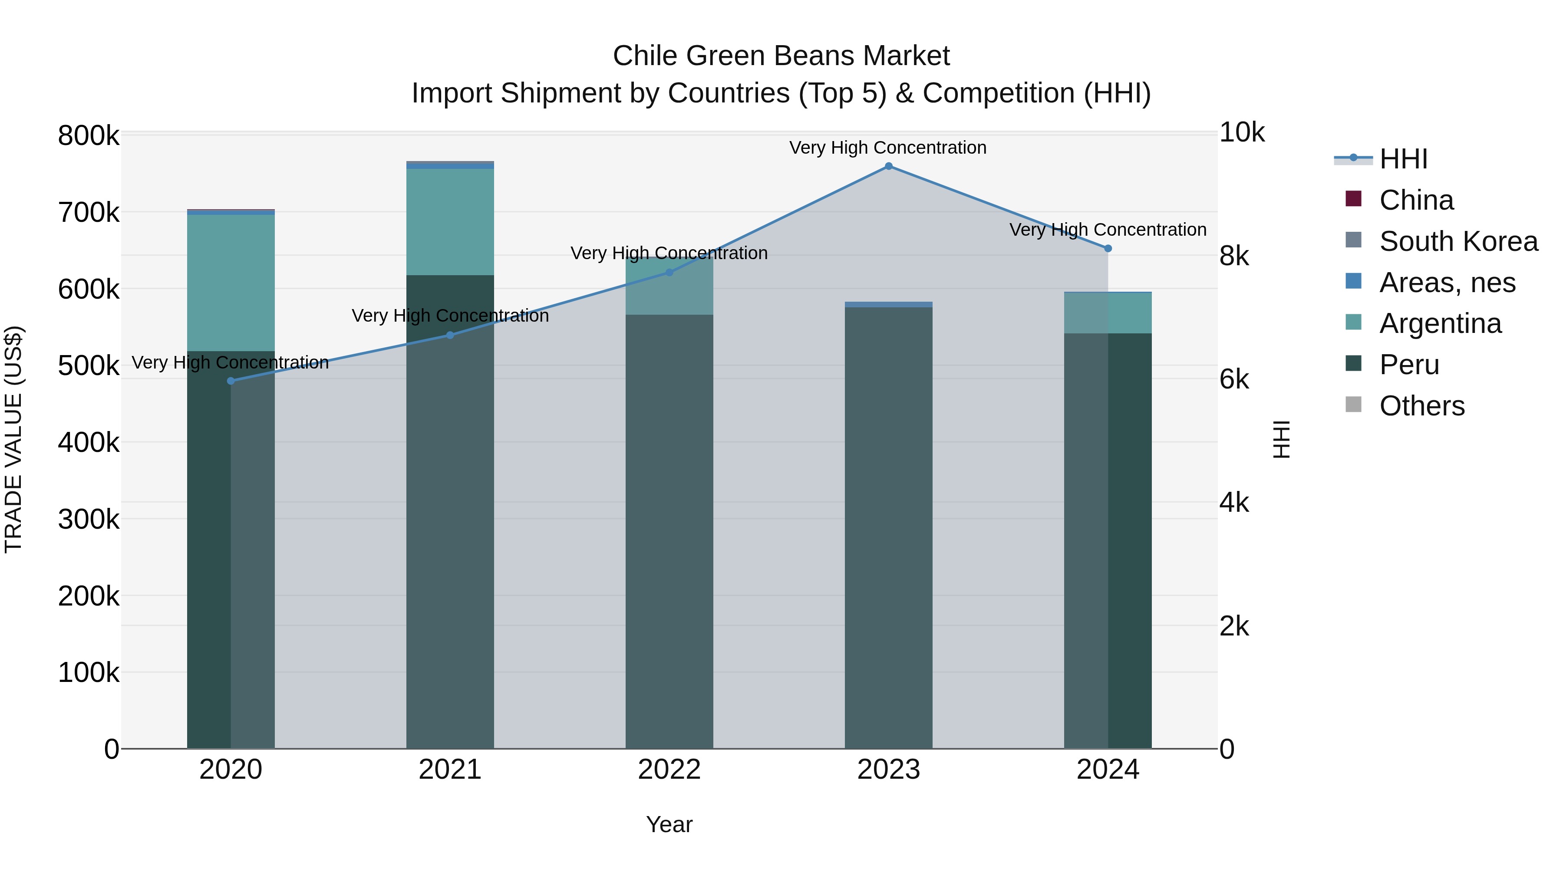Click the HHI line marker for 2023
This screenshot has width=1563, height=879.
888,166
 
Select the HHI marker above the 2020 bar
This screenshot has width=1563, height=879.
231,381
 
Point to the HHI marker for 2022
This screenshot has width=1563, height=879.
669,272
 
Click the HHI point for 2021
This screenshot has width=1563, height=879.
450,335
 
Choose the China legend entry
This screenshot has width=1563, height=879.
1416,200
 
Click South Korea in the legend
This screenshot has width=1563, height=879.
1458,241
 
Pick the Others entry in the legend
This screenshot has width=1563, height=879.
1421,406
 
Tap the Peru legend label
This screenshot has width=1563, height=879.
1409,365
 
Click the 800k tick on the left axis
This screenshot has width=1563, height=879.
89,136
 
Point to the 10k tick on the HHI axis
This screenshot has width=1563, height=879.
1241,133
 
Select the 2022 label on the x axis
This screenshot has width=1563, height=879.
669,770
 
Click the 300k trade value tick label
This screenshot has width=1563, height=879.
89,519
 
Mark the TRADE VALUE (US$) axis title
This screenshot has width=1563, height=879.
13,439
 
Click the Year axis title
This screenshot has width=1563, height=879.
669,824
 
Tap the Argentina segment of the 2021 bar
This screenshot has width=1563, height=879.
450,222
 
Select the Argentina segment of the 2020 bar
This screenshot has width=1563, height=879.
231,283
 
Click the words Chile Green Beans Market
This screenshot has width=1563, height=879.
781,56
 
